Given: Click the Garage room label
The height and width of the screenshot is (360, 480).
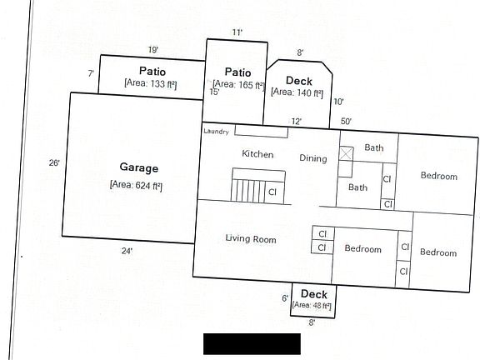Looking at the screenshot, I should pos(137,168).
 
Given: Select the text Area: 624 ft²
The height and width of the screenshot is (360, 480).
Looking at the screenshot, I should pos(137,184).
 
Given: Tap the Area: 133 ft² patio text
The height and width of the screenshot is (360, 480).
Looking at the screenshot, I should pos(151,83).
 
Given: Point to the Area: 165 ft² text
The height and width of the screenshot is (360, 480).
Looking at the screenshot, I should pos(237,84).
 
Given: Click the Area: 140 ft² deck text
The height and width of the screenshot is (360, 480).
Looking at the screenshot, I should pos(297,92).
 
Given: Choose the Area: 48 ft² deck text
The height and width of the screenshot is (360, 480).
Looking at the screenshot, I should pos(312,306).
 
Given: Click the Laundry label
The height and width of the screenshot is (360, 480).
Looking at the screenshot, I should pos(216,131).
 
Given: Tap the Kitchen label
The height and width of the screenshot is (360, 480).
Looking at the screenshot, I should pos(257,154).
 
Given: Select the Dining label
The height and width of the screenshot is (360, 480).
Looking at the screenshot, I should pos(313,158).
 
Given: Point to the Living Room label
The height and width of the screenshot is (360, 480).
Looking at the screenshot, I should pos(250,239).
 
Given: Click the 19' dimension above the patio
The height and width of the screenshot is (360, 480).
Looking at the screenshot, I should pos(153,50).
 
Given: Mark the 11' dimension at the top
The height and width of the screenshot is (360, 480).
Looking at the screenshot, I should pos(237,32).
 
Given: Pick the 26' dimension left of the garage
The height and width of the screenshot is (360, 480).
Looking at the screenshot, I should pos(54,163).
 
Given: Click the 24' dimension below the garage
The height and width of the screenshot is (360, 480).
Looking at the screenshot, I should pos(127,250).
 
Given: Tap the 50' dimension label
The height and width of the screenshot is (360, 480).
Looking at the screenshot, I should pos(346,122).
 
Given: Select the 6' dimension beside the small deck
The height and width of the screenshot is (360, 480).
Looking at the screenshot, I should pos(285,297).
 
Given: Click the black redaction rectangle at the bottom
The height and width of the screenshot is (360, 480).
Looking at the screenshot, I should pos(252,343).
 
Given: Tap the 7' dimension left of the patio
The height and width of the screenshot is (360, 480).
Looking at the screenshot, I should pos(90,74).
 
